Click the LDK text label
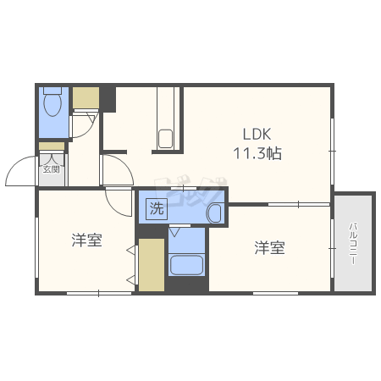(x=257, y=135)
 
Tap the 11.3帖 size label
(x=257, y=154)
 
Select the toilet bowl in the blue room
(x=52, y=104)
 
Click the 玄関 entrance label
(x=52, y=168)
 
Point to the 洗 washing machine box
(x=157, y=207)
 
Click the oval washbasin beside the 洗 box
(x=216, y=213)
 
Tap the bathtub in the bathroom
(x=187, y=265)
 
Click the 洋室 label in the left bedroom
(x=86, y=240)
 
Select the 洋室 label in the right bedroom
(x=270, y=248)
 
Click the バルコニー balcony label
(x=352, y=243)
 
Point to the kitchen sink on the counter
(x=165, y=138)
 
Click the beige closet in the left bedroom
(x=151, y=265)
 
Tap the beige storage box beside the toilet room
(x=86, y=98)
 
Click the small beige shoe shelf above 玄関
(x=51, y=146)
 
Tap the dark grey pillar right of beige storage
(x=108, y=97)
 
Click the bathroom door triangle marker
(x=174, y=229)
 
